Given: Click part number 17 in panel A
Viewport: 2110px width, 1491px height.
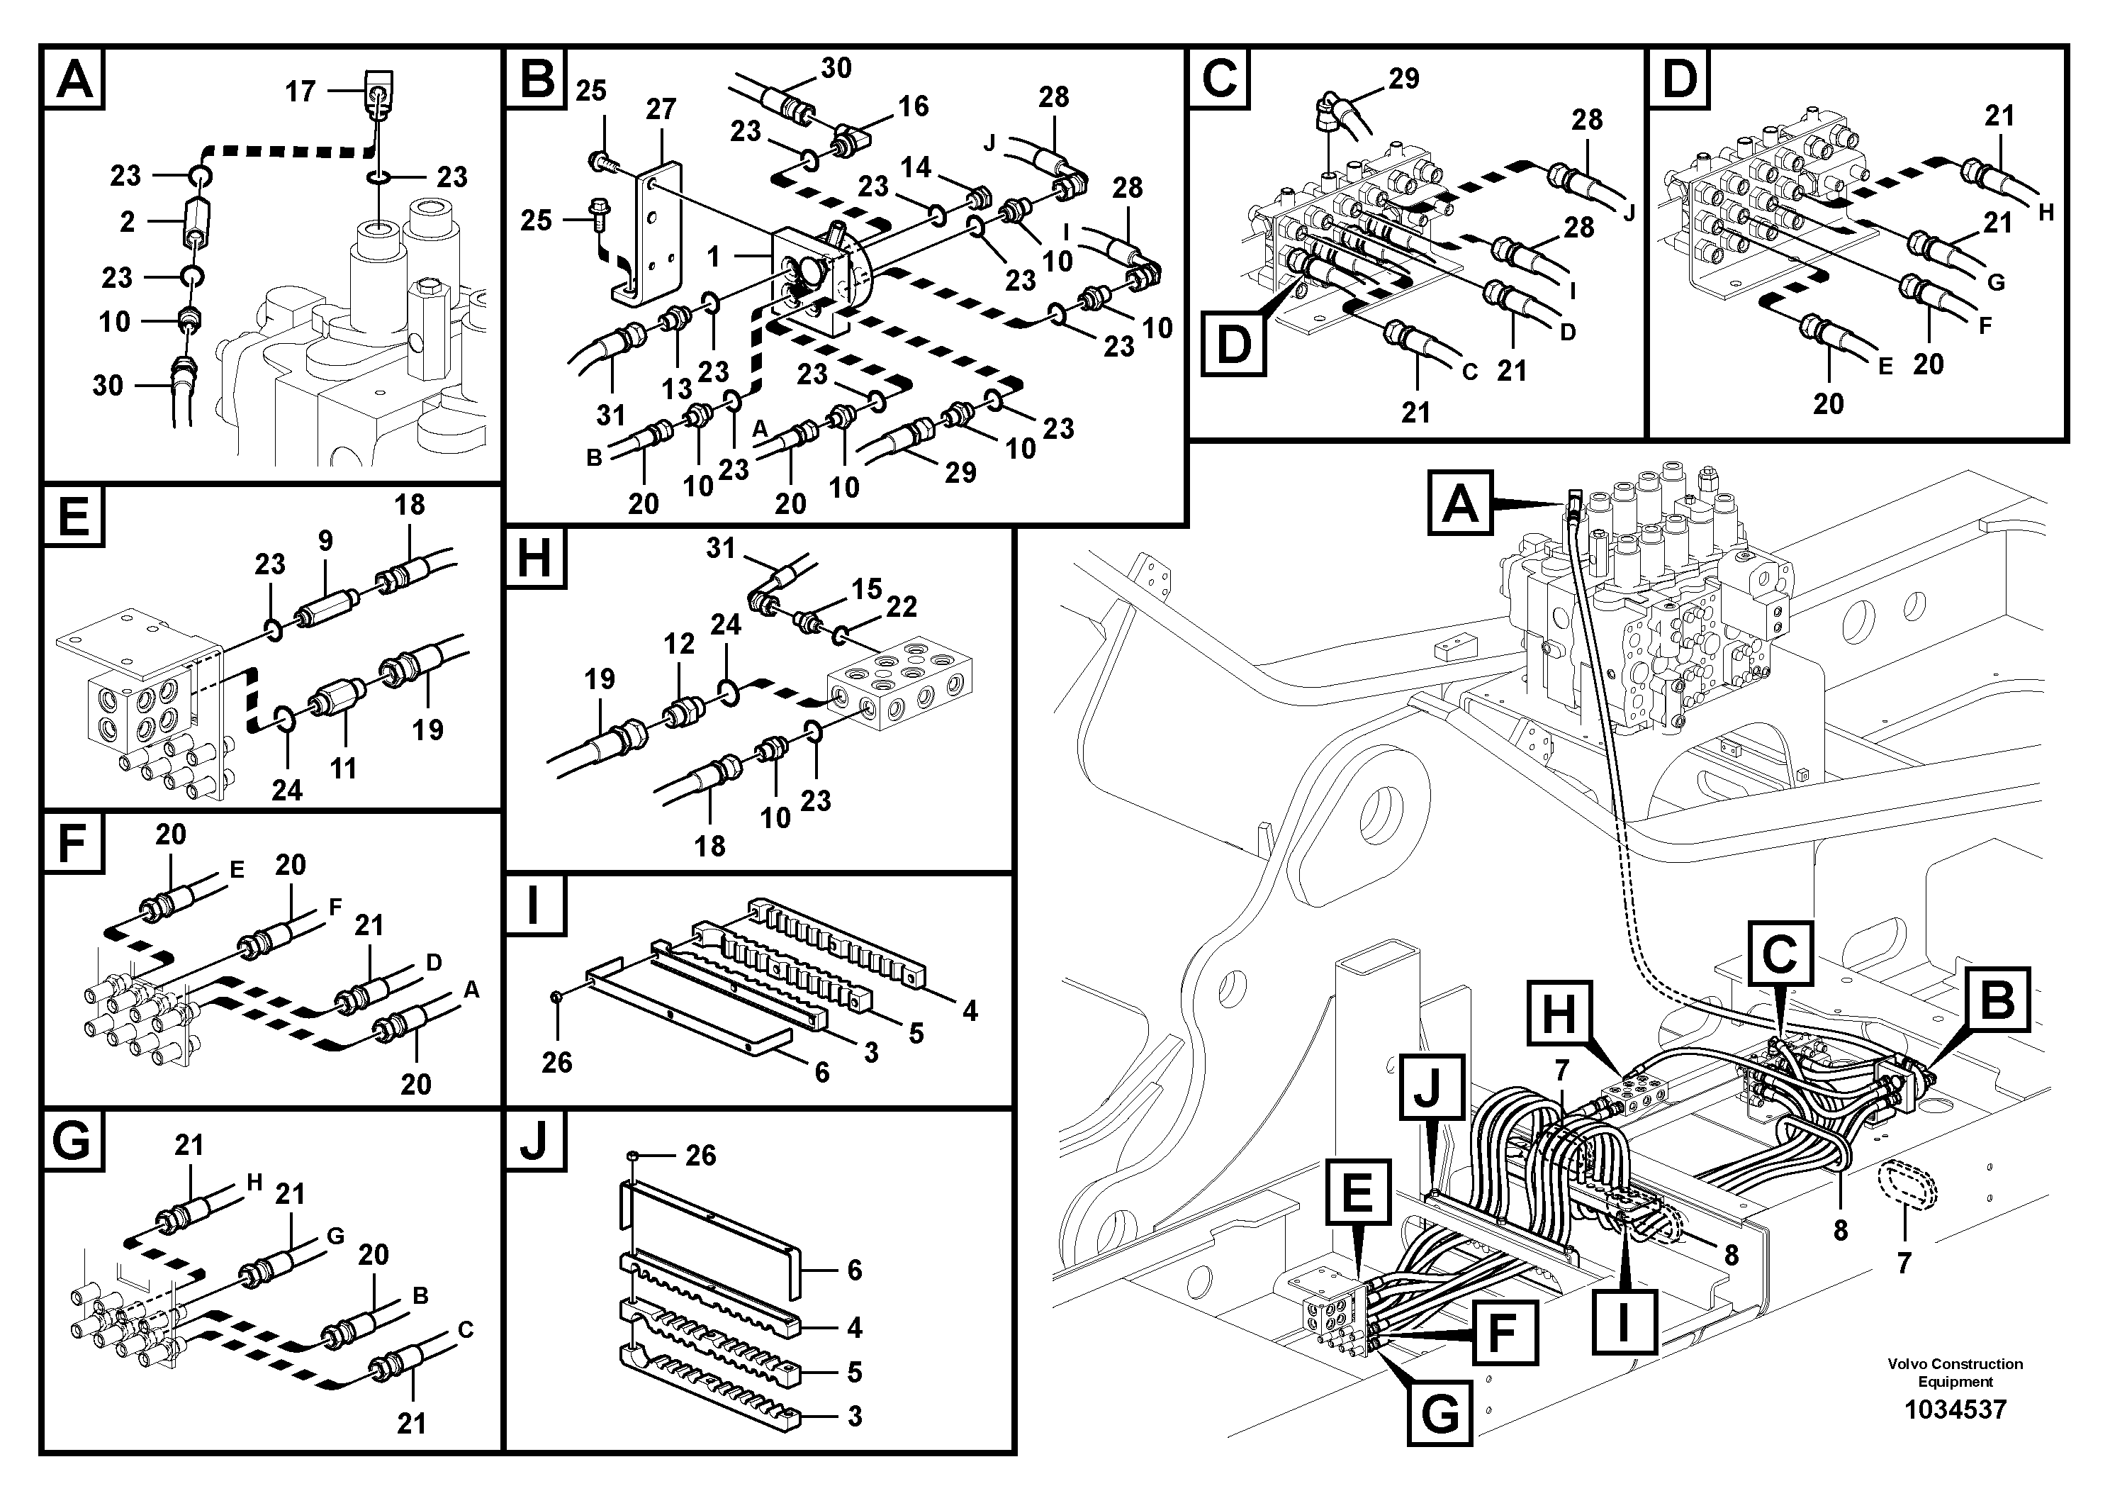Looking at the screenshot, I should (x=301, y=91).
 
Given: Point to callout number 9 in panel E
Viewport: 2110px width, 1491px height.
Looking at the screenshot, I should (x=325, y=542).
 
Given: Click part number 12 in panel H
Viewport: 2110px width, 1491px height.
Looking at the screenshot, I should (x=679, y=644).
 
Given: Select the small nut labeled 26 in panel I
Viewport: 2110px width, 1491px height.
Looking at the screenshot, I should (x=558, y=998).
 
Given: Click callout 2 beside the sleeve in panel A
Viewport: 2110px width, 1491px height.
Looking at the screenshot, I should (x=127, y=221).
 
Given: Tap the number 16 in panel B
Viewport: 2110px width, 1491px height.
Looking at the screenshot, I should (x=913, y=106).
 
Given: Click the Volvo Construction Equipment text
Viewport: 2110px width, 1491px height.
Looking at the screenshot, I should (x=1955, y=1373).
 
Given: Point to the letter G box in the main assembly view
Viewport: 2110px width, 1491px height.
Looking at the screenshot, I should (x=1440, y=1414).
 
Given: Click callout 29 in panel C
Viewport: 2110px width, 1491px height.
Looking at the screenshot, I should (x=1403, y=79).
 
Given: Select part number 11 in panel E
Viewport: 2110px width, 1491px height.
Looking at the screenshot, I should (x=344, y=768).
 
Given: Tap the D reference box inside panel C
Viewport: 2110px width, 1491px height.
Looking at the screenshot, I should (x=1233, y=345).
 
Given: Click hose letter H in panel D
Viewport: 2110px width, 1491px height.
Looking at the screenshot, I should (x=2045, y=213).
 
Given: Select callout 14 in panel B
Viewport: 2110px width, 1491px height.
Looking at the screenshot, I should (x=915, y=167).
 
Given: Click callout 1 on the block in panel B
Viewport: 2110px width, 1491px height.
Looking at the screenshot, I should (x=714, y=257).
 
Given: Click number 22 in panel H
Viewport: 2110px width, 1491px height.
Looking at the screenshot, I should (x=902, y=607).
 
